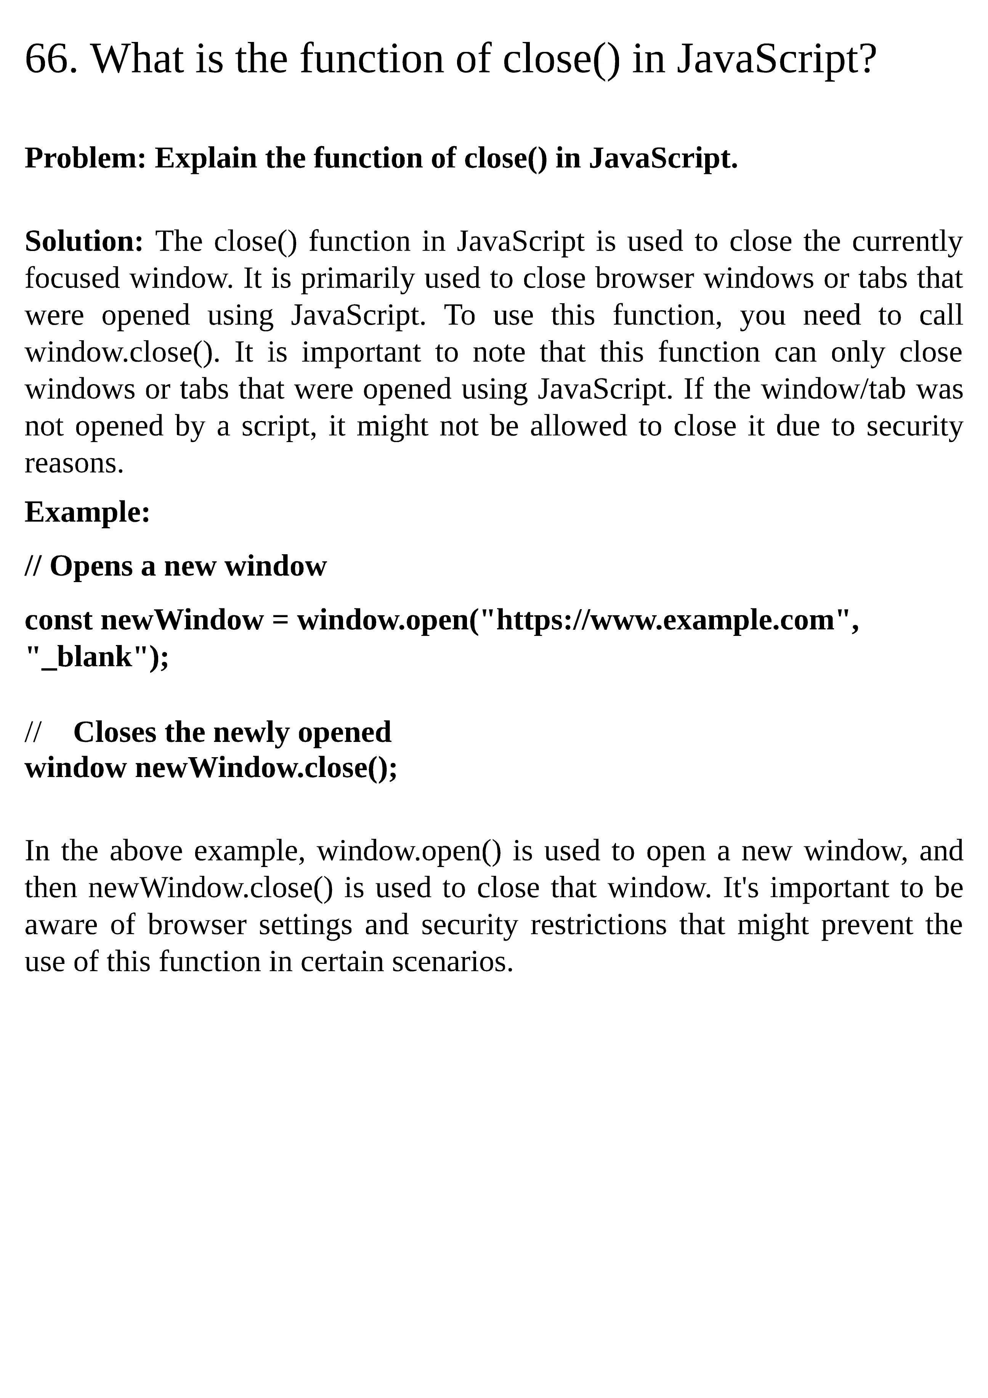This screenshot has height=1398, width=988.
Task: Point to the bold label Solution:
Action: click(84, 242)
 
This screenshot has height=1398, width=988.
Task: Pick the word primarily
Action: click(357, 279)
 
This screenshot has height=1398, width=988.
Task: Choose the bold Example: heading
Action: click(87, 512)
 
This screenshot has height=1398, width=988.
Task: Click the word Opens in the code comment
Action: click(91, 566)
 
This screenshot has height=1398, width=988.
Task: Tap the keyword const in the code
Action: click(58, 621)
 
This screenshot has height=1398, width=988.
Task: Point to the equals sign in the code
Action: click(280, 621)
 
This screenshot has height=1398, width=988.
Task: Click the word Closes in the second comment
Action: click(114, 732)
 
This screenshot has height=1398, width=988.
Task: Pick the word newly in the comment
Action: click(252, 732)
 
